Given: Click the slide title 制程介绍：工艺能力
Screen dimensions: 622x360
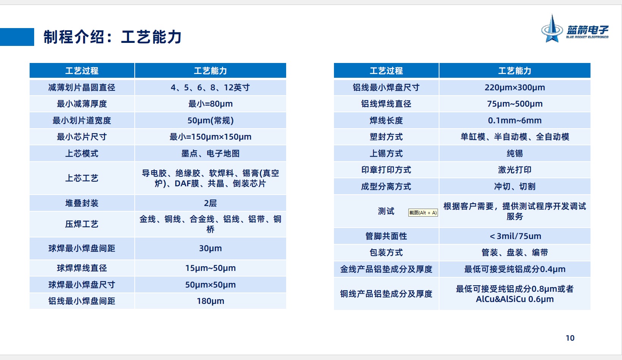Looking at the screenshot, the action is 112,37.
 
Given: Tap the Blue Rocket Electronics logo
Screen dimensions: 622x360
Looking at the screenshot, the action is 575,28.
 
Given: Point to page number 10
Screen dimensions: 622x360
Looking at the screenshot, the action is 570,338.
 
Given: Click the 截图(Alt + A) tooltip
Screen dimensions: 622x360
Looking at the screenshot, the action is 423,212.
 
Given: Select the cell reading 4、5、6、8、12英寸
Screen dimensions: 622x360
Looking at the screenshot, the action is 210,88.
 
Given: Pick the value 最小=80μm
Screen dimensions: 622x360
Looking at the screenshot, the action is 211,104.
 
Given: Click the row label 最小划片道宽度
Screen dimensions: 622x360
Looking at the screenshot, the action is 82,121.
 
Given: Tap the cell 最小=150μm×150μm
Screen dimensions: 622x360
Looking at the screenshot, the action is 211,137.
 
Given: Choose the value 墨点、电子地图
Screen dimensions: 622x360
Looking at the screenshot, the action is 211,154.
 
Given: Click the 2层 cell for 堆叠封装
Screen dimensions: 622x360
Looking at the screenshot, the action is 211,203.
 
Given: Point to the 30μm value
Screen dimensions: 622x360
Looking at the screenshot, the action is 211,248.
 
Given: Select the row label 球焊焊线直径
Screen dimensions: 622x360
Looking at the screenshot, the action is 82,268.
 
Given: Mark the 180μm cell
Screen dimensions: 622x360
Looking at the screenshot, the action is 211,301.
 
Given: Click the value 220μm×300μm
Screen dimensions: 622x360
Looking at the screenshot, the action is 515,88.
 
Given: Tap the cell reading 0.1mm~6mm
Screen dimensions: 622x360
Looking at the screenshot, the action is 515,121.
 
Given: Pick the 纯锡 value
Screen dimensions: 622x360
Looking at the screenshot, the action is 515,154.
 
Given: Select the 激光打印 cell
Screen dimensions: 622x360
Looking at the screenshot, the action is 515,170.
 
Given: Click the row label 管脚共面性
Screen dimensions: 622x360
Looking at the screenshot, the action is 386,236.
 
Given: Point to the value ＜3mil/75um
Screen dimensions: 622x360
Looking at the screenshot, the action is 515,236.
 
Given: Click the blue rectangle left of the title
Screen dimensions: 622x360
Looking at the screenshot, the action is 17,37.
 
